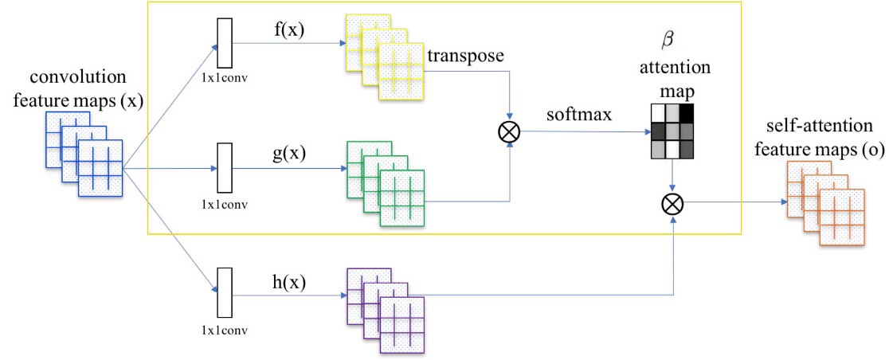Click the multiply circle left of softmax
pos(508,132)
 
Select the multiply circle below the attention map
pos(674,204)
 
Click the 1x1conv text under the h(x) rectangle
pos(225,328)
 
